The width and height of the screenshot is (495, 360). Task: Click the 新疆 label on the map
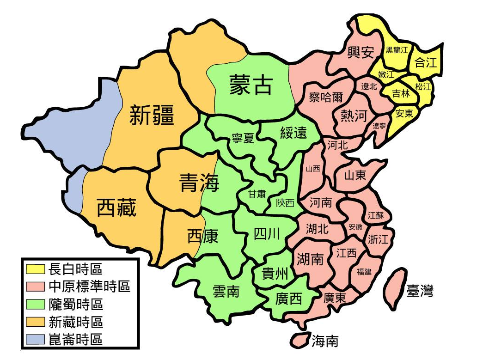click(152, 115)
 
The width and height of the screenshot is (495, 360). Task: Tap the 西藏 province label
click(116, 207)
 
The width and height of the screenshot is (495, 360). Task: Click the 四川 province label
click(267, 234)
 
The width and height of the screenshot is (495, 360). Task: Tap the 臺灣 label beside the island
click(420, 291)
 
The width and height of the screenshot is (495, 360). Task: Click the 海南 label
click(324, 342)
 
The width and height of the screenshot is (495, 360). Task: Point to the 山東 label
click(355, 175)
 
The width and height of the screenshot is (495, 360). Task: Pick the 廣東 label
click(335, 298)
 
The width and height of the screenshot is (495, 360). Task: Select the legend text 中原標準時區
click(89, 287)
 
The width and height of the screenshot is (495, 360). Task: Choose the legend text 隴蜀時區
click(76, 304)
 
